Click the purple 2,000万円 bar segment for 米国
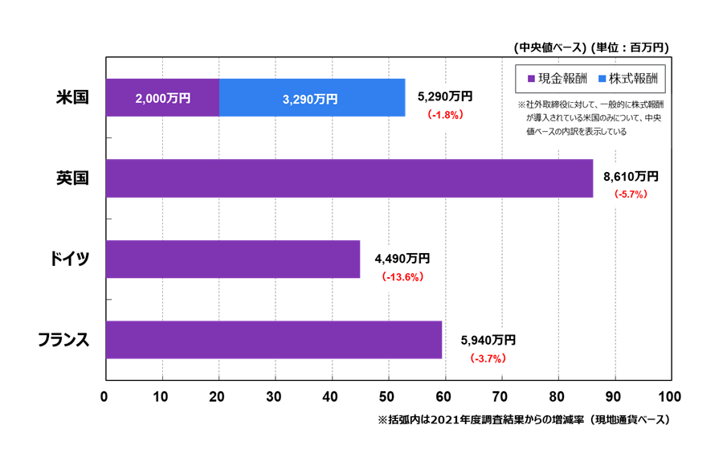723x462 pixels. (x=162, y=98)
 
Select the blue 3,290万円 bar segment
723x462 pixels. (x=312, y=98)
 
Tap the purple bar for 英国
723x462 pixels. (x=349, y=178)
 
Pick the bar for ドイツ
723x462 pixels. (x=232, y=259)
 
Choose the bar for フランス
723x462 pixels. (x=273, y=340)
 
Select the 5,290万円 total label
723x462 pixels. (x=445, y=96)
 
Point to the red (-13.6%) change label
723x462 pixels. (x=402, y=277)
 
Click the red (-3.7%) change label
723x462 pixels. (x=488, y=358)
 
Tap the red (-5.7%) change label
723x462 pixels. (x=630, y=194)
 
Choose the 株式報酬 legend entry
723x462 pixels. (x=629, y=79)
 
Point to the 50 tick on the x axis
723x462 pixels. (x=389, y=396)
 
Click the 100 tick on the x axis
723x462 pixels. (x=668, y=396)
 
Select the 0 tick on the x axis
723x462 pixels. (x=105, y=396)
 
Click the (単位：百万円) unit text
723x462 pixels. (x=630, y=47)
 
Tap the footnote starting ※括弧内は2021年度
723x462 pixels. (x=523, y=419)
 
